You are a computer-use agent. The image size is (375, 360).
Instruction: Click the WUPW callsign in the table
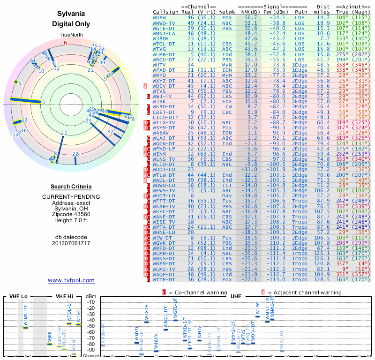pyautogui.click(x=160, y=17)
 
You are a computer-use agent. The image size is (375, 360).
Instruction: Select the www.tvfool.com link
pyautogui.click(x=71, y=280)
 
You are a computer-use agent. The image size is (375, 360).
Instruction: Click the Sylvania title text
pyautogui.click(x=71, y=15)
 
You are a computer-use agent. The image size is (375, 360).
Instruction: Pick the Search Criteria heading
pyautogui.click(x=71, y=187)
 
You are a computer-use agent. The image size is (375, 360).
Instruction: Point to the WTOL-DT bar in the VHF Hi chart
pyautogui.click(x=69, y=323)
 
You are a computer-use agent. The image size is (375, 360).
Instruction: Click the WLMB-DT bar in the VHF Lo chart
pyautogui.click(x=26, y=327)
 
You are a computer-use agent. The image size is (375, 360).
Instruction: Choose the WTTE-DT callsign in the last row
pyautogui.click(x=164, y=279)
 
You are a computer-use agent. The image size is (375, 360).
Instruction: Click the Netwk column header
pyautogui.click(x=227, y=12)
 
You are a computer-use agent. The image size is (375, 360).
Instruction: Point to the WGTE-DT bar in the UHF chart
pyautogui.click(x=175, y=320)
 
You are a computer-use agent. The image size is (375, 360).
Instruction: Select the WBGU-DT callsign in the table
pyautogui.click(x=164, y=60)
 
